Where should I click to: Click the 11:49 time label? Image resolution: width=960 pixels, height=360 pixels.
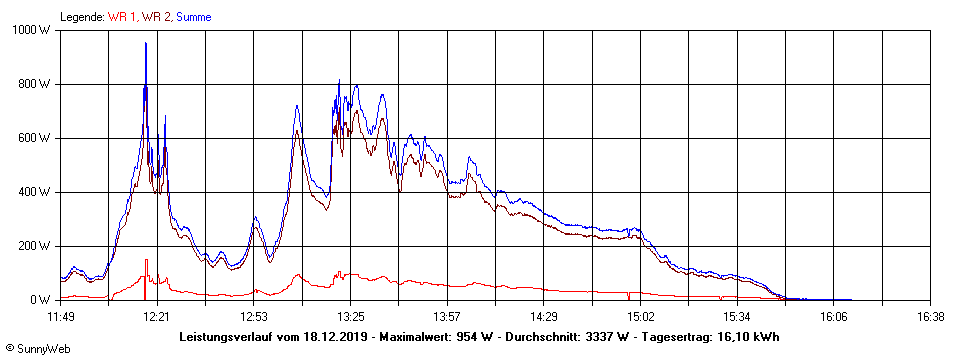tap(61, 317)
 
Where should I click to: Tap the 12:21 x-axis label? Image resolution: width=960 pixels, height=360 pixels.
tap(157, 317)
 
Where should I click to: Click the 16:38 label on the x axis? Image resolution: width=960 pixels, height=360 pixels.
tap(930, 317)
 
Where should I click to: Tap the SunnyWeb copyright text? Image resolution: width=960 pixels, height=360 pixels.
tap(36, 349)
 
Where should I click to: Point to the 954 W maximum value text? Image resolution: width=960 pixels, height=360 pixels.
tap(474, 337)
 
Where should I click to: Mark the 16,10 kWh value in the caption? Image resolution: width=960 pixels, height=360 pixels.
tap(749, 337)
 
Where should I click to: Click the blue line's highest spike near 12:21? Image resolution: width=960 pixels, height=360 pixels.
tap(146, 44)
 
